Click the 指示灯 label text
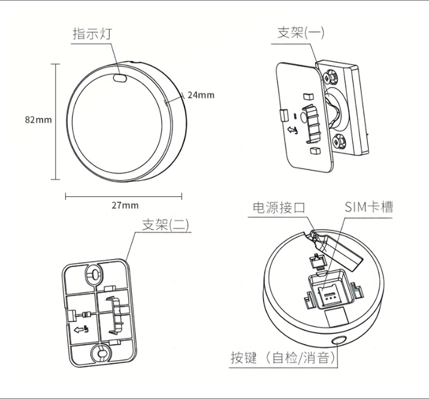pyautogui.click(x=92, y=34)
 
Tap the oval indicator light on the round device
pyautogui.click(x=120, y=78)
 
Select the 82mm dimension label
pyautogui.click(x=38, y=120)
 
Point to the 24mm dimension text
pyautogui.click(x=201, y=95)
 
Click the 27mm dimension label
pyautogui.click(x=125, y=205)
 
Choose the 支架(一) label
pyautogui.click(x=301, y=33)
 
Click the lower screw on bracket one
pyautogui.click(x=339, y=141)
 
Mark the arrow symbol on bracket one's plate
pyautogui.click(x=292, y=130)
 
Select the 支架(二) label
pyautogui.click(x=165, y=225)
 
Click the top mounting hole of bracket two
pyautogui.click(x=95, y=273)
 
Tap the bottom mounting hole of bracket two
pyautogui.click(x=101, y=353)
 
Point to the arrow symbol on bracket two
pyautogui.click(x=81, y=330)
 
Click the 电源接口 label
pyautogui.click(x=279, y=208)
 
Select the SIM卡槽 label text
pyautogui.click(x=368, y=207)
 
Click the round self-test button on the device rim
pyautogui.click(x=339, y=340)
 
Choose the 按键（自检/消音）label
pyautogui.click(x=283, y=358)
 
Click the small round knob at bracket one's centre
pyautogui.click(x=305, y=117)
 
